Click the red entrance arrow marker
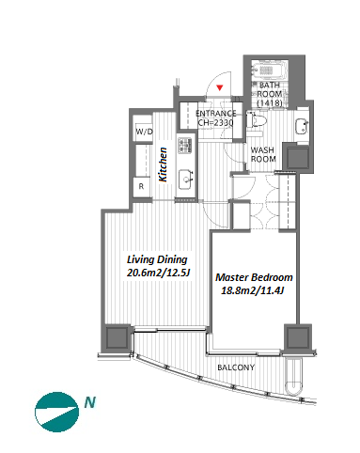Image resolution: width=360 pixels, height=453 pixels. click(x=220, y=87)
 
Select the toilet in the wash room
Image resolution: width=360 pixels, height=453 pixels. click(x=256, y=121)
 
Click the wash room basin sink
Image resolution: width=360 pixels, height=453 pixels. click(x=302, y=127)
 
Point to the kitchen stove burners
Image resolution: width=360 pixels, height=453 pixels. click(x=185, y=146)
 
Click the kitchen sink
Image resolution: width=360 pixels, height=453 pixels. click(x=186, y=180)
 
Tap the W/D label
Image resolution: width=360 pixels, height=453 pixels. click(x=144, y=132)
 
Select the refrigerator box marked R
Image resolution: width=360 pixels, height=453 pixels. click(x=141, y=187)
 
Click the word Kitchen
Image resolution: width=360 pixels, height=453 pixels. click(x=163, y=164)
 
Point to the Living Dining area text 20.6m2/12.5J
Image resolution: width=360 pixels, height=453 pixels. click(x=159, y=273)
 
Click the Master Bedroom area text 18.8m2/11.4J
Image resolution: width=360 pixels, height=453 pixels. click(x=253, y=290)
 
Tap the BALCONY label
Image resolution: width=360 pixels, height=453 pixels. click(x=236, y=367)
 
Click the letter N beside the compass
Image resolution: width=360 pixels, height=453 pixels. click(x=90, y=402)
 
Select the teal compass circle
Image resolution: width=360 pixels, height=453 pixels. click(x=56, y=412)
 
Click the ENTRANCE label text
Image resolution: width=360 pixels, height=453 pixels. click(x=216, y=114)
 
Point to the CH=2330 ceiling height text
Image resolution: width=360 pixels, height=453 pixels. click(x=216, y=122)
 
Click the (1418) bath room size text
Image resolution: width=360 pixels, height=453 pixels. click(x=270, y=102)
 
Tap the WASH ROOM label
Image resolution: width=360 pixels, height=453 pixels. click(x=263, y=154)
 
